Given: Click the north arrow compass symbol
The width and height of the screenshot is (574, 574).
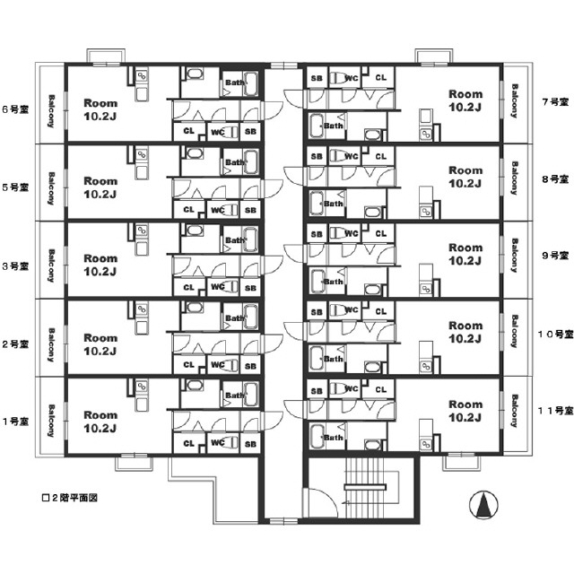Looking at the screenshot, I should click(x=483, y=507).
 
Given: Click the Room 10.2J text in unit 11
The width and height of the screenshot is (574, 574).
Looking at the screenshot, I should click(x=465, y=410).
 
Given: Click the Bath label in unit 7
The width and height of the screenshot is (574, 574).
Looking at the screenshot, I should click(x=334, y=126).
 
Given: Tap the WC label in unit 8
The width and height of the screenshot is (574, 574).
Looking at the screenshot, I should click(x=352, y=156).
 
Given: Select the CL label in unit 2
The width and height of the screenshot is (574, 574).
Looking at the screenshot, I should click(x=188, y=365).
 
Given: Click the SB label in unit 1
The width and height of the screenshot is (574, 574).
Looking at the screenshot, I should click(x=250, y=443).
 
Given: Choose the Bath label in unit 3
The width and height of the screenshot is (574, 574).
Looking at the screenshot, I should click(x=235, y=239).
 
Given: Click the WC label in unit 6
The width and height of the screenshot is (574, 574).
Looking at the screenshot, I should click(x=217, y=132).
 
